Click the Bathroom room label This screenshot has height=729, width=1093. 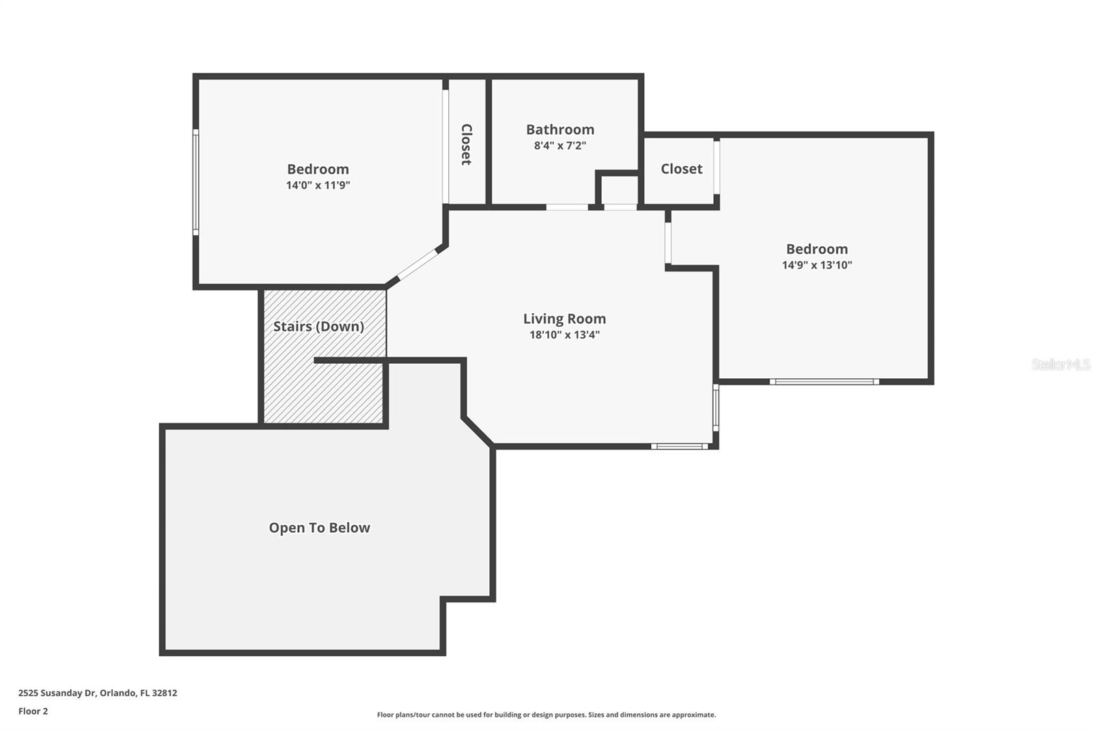pos(560,129)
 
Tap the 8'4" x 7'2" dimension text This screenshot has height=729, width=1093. pos(560,146)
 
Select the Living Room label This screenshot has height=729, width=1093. pos(564,319)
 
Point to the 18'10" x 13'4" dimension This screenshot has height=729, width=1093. pos(564,334)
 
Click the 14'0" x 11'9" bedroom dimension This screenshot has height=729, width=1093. pos(318,185)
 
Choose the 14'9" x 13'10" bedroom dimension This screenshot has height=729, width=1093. pos(817,265)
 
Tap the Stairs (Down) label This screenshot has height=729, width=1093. pos(318,326)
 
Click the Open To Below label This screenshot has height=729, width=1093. pos(320,528)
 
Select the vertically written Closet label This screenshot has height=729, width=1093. pos(467,144)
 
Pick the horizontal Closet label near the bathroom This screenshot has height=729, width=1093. pos(682,168)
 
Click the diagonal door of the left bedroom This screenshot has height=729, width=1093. pos(417,265)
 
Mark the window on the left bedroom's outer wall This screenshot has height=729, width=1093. pos(195,182)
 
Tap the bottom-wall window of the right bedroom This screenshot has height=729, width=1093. pos(824,382)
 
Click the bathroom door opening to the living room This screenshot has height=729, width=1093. pos(567,207)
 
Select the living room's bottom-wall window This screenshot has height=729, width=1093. pos(679,446)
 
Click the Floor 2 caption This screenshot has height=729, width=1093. pos(33,711)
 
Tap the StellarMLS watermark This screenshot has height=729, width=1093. pos(1061,364)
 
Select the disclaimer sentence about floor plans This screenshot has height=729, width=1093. pos(546,715)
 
